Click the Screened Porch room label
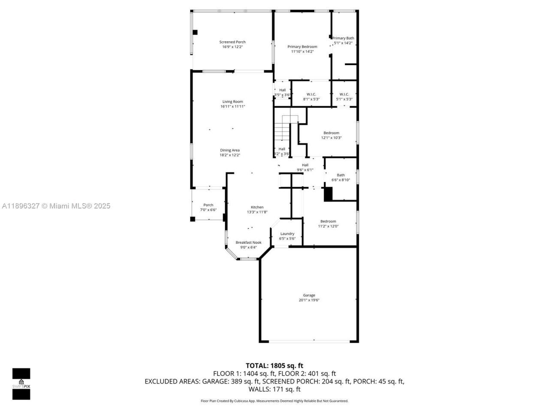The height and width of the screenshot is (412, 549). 232,42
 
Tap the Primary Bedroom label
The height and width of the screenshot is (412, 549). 302,47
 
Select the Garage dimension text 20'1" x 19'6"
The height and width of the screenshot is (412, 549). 309,300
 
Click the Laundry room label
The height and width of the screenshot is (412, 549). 287,234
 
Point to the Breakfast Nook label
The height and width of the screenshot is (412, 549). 248,242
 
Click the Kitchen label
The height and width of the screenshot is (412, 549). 257,207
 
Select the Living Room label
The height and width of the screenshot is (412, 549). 232,102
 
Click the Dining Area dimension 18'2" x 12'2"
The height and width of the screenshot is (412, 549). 230,155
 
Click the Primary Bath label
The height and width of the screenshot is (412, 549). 344,38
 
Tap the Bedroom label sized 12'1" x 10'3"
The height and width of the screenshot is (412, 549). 331,133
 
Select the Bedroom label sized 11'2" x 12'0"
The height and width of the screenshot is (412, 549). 328,221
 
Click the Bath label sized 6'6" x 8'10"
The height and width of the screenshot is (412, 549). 341,175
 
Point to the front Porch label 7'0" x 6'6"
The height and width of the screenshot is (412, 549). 208,205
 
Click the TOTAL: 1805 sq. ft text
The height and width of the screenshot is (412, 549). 274,366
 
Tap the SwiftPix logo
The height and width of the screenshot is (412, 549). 21,384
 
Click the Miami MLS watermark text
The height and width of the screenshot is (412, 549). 56,206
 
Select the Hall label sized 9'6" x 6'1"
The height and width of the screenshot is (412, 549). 305,165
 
